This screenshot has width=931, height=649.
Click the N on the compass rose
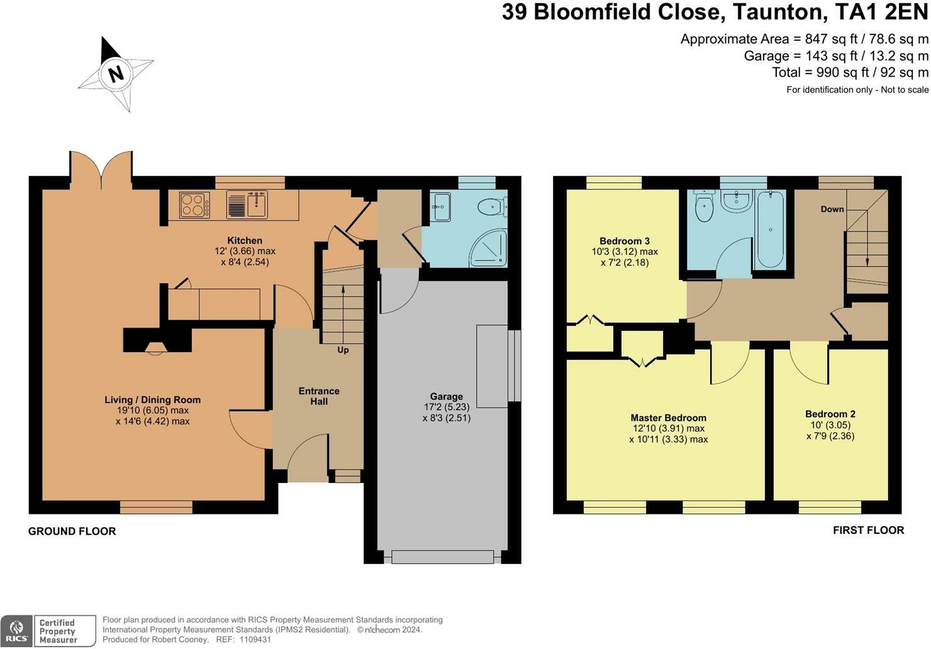[x=116, y=74]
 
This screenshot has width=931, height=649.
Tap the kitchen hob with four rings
[x=194, y=205]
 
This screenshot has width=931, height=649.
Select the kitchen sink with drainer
[x=247, y=204]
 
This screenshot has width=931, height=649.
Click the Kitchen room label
[x=245, y=240]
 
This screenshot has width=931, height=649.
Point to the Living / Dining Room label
[x=152, y=400]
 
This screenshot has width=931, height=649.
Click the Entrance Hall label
[x=319, y=396]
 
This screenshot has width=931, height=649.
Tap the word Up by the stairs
[x=343, y=350]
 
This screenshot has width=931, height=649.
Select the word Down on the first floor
[x=832, y=209]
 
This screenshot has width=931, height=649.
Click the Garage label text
[x=447, y=396]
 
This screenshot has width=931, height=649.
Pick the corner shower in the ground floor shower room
[x=489, y=248]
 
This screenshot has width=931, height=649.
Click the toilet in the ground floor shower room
[x=493, y=206]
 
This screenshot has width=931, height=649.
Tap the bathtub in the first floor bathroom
[x=771, y=229]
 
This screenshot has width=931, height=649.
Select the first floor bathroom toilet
[x=704, y=206]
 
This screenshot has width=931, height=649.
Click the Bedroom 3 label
[x=625, y=241]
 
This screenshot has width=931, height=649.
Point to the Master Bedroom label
[x=668, y=418]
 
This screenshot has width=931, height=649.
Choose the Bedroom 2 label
[x=830, y=414]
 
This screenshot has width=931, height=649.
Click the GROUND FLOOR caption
[x=72, y=531]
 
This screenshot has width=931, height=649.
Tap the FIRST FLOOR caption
[x=869, y=530]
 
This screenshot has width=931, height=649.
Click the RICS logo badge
[x=16, y=631]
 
